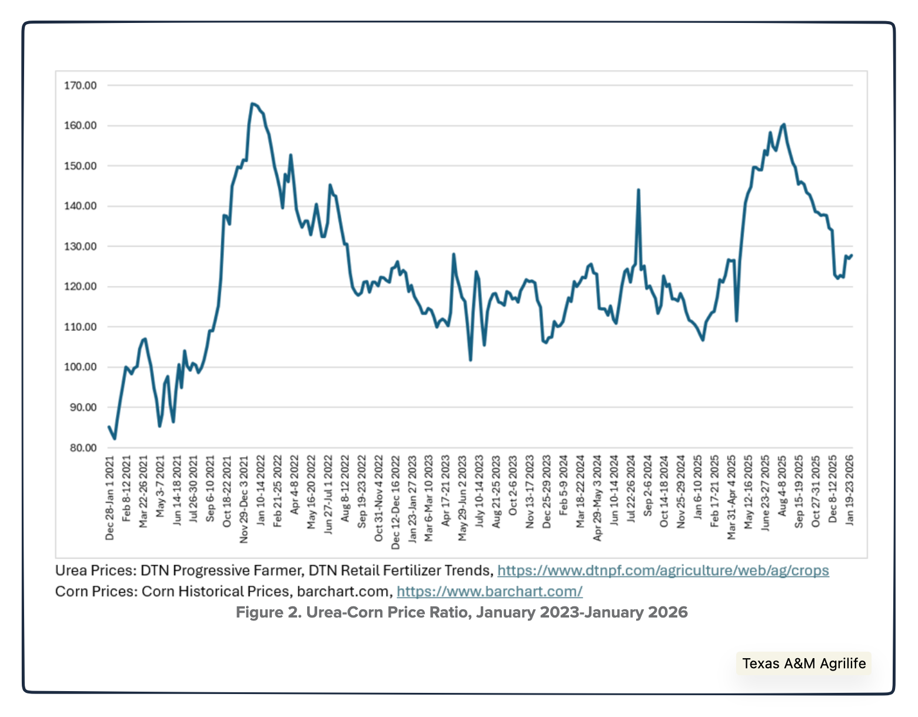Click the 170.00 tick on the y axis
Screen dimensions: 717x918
pyautogui.click(x=80, y=85)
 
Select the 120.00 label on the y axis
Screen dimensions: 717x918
pyautogui.click(x=80, y=287)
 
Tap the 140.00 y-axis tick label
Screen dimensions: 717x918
pyautogui.click(x=80, y=206)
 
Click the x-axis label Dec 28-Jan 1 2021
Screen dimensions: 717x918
pyautogui.click(x=110, y=497)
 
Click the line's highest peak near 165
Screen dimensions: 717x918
pyautogui.click(x=252, y=104)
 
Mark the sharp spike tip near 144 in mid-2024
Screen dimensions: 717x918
pyautogui.click(x=638, y=190)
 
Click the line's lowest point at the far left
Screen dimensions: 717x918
pyautogui.click(x=115, y=439)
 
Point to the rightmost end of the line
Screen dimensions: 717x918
pyautogui.click(x=852, y=255)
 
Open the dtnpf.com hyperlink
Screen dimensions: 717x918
pyautogui.click(x=663, y=570)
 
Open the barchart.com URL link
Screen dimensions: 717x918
pyautogui.click(x=489, y=591)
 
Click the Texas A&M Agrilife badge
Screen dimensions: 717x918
pyautogui.click(x=803, y=663)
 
